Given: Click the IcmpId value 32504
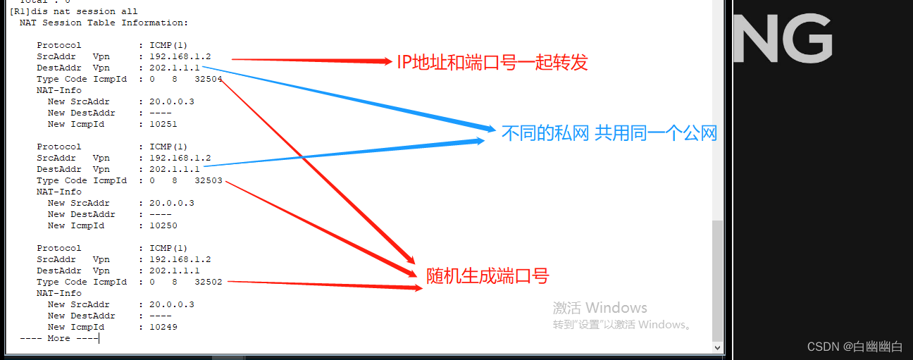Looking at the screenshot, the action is [209, 79].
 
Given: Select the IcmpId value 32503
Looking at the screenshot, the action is [209, 180].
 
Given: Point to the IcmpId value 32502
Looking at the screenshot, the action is [209, 282].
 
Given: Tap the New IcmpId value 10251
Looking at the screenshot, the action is [163, 124].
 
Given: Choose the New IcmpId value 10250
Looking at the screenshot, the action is [163, 225].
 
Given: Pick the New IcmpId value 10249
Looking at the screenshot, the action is [163, 327].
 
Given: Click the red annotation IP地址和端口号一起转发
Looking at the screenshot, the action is [492, 63].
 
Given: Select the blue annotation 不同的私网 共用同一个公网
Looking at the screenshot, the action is [609, 133].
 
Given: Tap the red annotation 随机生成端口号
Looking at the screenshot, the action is [487, 276].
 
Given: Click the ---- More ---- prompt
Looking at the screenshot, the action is [59, 338].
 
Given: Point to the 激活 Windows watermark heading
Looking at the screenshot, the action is [600, 308].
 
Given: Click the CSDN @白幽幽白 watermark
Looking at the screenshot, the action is [855, 347].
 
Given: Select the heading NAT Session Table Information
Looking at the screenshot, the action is [104, 23].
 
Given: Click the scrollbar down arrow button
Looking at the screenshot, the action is [718, 347].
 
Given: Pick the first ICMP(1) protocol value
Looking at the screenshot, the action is [168, 45].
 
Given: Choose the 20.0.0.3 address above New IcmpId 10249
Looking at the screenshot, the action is [172, 304].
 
